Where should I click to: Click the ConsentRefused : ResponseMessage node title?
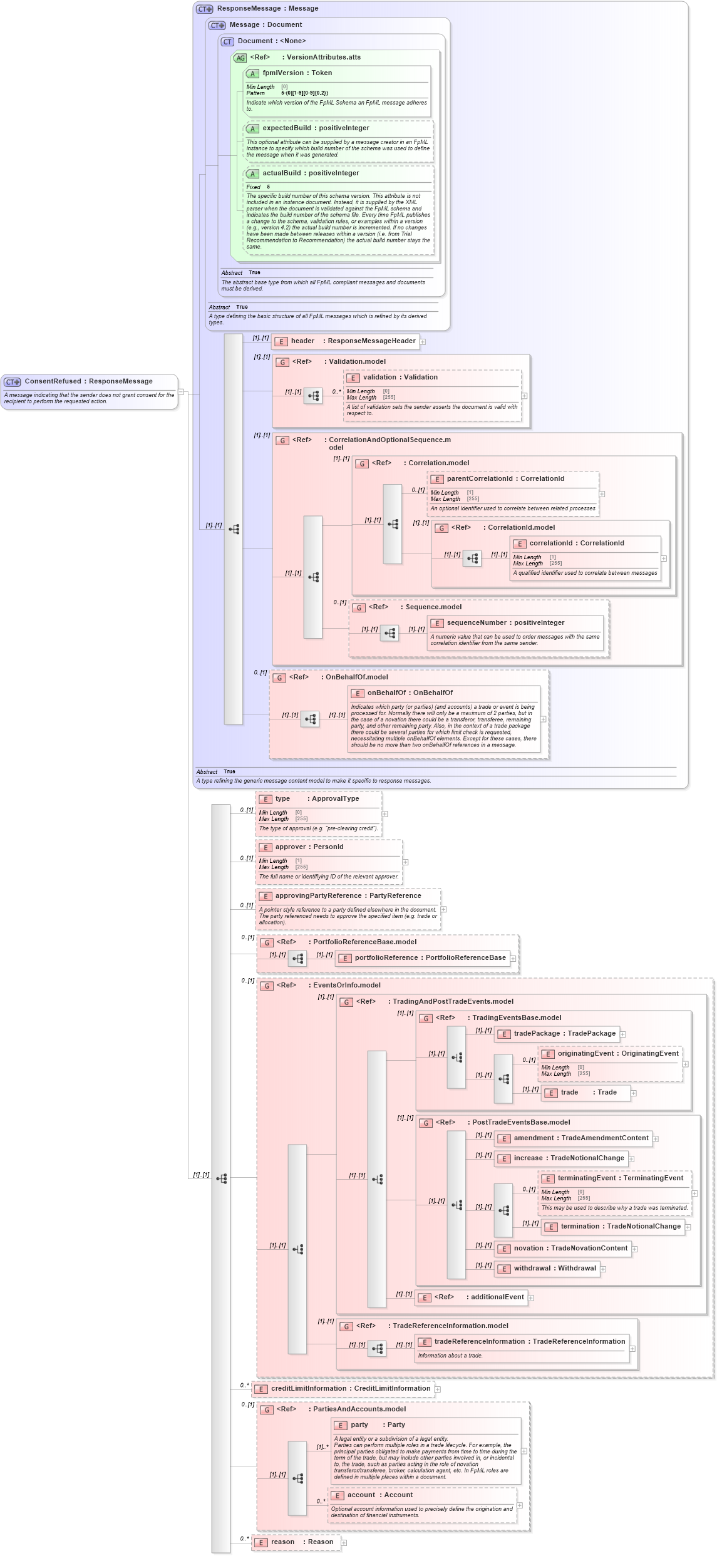click(x=88, y=381)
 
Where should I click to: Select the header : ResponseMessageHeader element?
click(x=353, y=341)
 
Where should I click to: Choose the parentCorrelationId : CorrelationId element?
click(x=505, y=479)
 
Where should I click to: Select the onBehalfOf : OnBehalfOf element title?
click(x=410, y=693)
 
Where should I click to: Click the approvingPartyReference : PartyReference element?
click(x=348, y=896)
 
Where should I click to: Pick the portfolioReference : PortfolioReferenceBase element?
click(x=430, y=958)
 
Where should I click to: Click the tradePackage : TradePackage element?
click(x=564, y=1034)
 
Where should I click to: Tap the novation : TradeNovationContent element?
click(x=570, y=1249)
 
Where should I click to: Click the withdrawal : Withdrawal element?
click(x=554, y=1269)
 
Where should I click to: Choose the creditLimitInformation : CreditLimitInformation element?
click(x=350, y=1389)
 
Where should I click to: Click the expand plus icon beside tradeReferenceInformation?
click(x=632, y=1349)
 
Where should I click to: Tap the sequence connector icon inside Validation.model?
click(x=313, y=396)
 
